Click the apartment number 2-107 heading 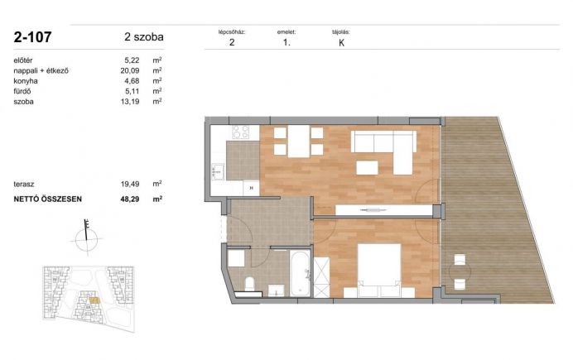click(x=32, y=37)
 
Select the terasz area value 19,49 click(x=130, y=184)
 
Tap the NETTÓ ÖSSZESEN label click(x=47, y=199)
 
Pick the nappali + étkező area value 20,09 click(x=130, y=70)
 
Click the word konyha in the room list click(x=26, y=81)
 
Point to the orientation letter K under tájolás click(x=342, y=43)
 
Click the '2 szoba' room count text click(x=144, y=37)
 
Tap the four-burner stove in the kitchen click(x=240, y=132)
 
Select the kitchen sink click(x=218, y=171)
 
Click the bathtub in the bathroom click(x=301, y=273)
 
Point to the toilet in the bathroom click(x=249, y=284)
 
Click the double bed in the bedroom click(x=379, y=270)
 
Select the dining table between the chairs click(x=299, y=141)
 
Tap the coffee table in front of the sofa click(x=367, y=167)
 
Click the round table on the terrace click(x=460, y=272)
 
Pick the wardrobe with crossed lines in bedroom click(x=321, y=277)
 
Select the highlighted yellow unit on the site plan click(x=94, y=300)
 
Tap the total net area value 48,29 click(x=130, y=199)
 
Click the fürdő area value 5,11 click(x=132, y=91)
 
